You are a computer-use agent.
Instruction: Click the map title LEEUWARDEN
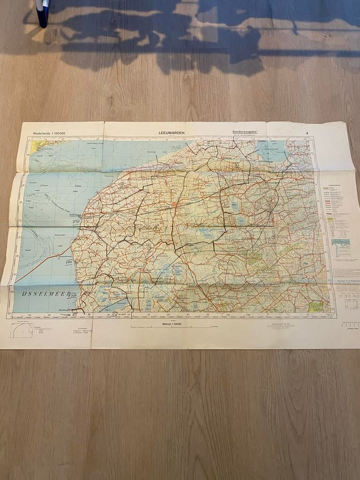click(x=171, y=133)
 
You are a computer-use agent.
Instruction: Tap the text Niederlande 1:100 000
click(x=49, y=134)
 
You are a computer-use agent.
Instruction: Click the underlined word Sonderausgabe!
click(x=245, y=133)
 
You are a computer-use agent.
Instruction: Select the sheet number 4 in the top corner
click(x=307, y=134)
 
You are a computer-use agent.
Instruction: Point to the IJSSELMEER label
click(x=39, y=293)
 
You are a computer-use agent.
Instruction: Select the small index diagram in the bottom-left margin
click(x=21, y=330)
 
